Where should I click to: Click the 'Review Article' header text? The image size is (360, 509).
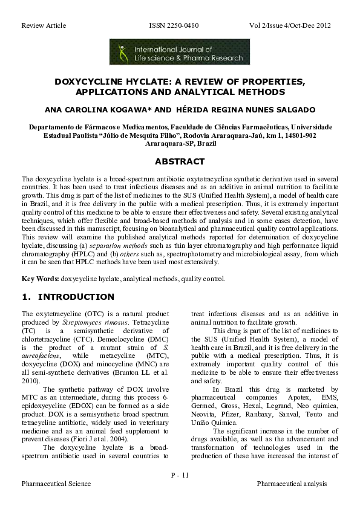pos(44,25)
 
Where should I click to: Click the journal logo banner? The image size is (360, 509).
pos(179,51)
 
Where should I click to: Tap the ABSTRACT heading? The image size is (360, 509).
pos(180,161)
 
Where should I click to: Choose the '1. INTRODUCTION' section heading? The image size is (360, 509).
pos(68,297)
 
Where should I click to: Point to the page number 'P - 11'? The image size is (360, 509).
pos(180,475)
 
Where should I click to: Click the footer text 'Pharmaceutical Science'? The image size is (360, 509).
pos(56,484)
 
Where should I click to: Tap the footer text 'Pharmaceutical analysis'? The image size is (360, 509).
pos(292,484)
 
